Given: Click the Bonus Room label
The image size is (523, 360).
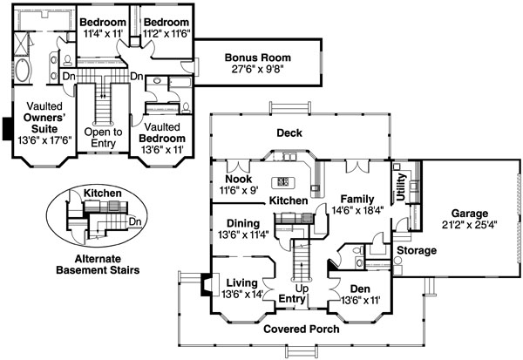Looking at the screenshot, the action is point(257,58).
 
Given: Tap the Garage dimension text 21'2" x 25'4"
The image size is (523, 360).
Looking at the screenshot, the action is point(469,225).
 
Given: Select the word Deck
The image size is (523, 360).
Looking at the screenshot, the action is point(289,132).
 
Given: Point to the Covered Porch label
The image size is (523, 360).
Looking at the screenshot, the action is point(302,329).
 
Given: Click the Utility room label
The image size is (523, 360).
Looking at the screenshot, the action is point(401,187).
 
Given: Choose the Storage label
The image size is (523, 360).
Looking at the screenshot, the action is point(417,250).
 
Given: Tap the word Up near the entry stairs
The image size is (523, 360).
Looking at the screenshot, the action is point(302,289).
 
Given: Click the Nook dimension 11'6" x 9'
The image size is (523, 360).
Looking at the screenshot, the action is point(239,190).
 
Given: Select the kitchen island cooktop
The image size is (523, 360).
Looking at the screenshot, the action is point(282,182).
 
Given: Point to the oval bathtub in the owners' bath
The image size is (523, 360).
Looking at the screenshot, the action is point(23,70).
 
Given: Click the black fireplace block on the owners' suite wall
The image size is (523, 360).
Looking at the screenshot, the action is point(7,128).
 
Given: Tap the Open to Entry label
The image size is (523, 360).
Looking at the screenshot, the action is point(103,138).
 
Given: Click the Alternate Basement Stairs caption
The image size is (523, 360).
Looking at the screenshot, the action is point(98,264).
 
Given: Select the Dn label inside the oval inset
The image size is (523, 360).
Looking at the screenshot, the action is point(135,221).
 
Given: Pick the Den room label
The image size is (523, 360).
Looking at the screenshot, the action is point(360,289).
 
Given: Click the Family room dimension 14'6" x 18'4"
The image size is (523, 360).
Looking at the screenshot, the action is point(357,210).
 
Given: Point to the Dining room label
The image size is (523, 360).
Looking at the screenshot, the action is point(243,223).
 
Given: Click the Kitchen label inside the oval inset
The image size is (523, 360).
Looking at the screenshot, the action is point(102,194).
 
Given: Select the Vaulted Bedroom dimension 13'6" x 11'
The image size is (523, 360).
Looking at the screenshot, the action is point(162,150).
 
